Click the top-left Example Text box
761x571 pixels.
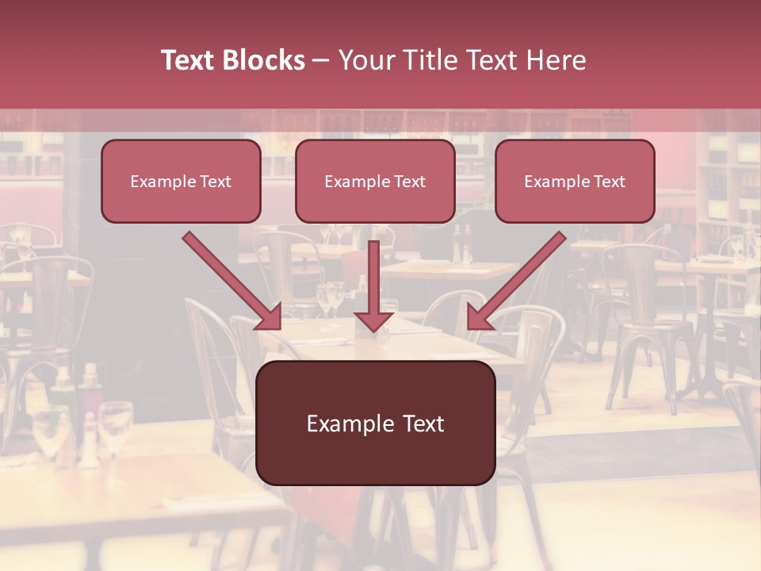click(181, 182)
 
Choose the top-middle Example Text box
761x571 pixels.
click(375, 182)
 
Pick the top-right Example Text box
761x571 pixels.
click(575, 182)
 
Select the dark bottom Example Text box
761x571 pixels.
click(375, 423)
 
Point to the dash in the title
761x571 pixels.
click(321, 60)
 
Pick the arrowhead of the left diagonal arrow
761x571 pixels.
click(270, 317)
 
